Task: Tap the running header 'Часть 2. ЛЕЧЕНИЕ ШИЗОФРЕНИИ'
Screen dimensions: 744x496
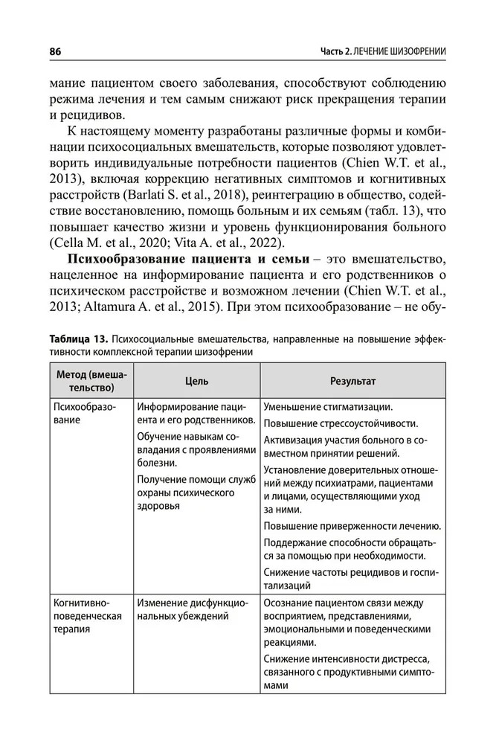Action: pyautogui.click(x=383, y=51)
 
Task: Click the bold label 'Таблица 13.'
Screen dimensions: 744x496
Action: pyautogui.click(x=80, y=339)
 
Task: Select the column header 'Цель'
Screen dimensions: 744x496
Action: pyautogui.click(x=197, y=380)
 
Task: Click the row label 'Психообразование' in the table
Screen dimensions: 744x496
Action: pyautogui.click(x=84, y=413)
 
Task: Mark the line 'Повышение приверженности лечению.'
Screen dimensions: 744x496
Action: pyautogui.click(x=352, y=526)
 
